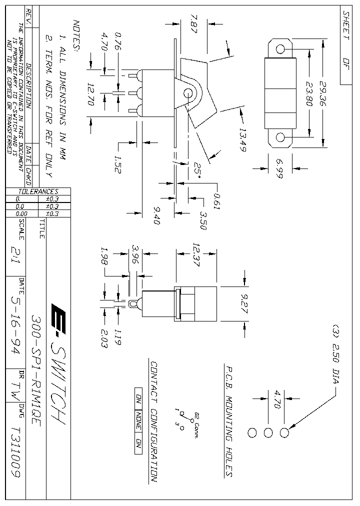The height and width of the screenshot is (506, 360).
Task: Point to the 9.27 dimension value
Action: point(244,303)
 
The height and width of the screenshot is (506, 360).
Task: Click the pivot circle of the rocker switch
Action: point(189,93)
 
